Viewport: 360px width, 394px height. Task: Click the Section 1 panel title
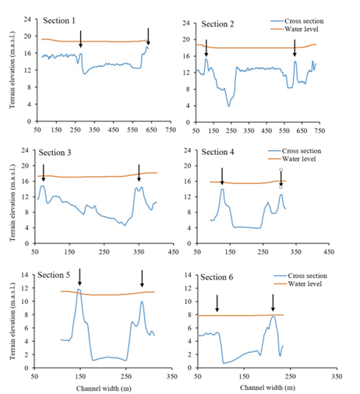[x=59, y=20]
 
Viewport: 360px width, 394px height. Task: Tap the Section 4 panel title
[x=217, y=152]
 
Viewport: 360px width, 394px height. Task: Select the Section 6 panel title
[x=217, y=277]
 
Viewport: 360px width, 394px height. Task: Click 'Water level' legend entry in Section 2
[x=295, y=29]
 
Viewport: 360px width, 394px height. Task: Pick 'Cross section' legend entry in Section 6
[x=301, y=276]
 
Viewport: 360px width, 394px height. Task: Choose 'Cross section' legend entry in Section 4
[x=295, y=151]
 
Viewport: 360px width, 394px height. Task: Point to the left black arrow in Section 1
[x=80, y=39]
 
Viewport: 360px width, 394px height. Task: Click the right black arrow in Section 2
[x=295, y=47]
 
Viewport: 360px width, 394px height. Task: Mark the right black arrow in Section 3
[x=139, y=173]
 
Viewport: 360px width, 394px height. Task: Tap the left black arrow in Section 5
[x=79, y=277]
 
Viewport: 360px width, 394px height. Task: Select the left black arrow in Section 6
[x=217, y=303]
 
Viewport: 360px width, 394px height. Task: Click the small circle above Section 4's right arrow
[x=281, y=170]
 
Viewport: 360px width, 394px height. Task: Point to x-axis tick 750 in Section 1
[x=171, y=129]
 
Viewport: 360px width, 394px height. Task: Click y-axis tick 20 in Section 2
[x=186, y=40]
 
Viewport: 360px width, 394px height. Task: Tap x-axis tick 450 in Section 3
[x=173, y=252]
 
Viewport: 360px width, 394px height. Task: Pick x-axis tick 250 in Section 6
[x=291, y=376]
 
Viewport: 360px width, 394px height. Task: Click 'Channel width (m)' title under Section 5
[x=104, y=389]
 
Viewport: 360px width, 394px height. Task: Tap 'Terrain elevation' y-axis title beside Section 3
[x=12, y=202]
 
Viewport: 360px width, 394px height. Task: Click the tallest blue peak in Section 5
[x=79, y=289]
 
